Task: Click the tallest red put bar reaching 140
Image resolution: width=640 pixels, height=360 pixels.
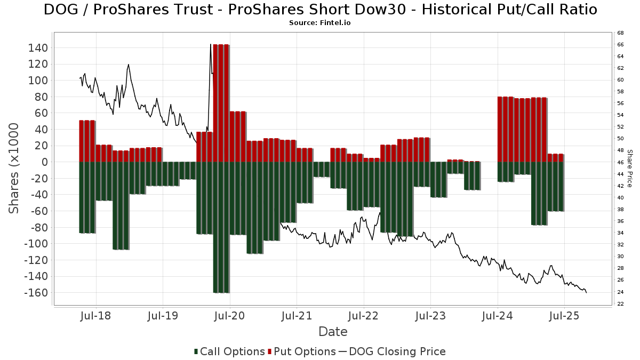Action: [x=221, y=101]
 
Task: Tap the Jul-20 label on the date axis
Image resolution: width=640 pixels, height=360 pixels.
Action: [x=229, y=316]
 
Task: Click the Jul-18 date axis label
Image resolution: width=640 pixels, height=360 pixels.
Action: [x=96, y=316]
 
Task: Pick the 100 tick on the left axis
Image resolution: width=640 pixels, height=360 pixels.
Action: [x=41, y=81]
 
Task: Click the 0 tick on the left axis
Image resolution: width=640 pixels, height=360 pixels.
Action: [x=45, y=162]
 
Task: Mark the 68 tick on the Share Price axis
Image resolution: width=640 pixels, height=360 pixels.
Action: [x=621, y=33]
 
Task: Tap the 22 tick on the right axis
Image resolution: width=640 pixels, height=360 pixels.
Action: [x=621, y=304]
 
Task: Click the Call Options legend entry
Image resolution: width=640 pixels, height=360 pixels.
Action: [x=229, y=351]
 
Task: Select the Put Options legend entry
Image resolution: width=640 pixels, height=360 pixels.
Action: [x=302, y=351]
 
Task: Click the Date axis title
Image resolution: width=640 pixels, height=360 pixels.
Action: [x=333, y=332]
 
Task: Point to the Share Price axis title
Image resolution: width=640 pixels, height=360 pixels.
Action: [x=629, y=168]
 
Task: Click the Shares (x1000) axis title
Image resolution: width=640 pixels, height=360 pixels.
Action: [x=14, y=168]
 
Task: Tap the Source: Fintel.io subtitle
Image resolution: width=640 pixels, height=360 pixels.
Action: [x=320, y=23]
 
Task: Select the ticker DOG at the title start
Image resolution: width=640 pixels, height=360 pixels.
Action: [x=59, y=10]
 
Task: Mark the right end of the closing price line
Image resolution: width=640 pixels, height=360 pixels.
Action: [x=587, y=292]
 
